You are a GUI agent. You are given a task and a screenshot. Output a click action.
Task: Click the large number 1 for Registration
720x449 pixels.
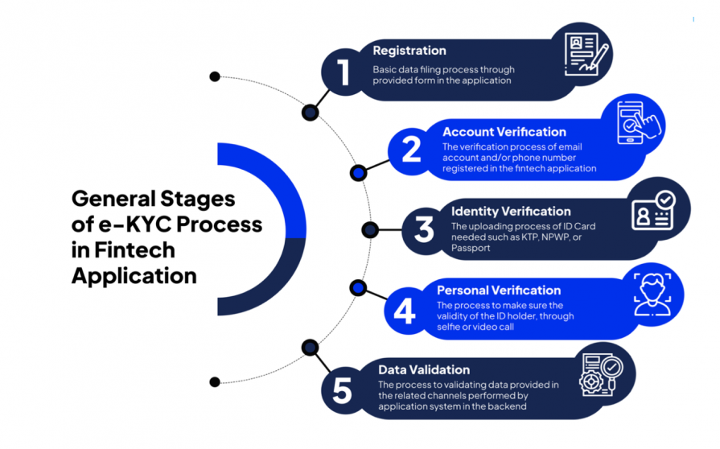click(344, 72)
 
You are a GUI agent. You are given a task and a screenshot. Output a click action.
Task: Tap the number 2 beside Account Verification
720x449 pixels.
click(411, 150)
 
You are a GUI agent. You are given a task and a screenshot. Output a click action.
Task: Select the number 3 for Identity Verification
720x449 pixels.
click(424, 230)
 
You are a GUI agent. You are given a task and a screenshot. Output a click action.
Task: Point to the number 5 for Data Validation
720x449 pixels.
click(343, 390)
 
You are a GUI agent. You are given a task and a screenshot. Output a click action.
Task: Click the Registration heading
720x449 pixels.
click(409, 51)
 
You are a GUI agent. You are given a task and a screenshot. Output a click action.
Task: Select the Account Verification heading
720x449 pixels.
click(504, 132)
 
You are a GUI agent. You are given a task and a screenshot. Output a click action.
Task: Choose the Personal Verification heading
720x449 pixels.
click(499, 290)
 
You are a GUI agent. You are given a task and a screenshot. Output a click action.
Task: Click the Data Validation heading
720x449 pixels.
click(424, 370)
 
